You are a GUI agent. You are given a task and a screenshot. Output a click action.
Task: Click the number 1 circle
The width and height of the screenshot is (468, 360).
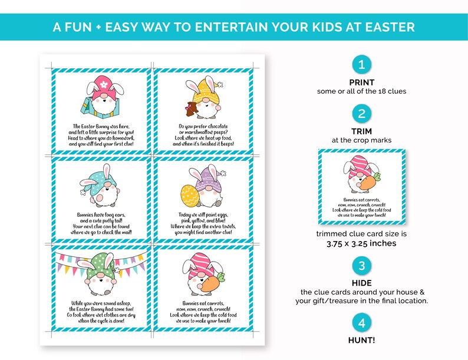(x=362, y=65)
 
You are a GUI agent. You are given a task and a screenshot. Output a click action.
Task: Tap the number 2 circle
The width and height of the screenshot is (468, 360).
(x=362, y=114)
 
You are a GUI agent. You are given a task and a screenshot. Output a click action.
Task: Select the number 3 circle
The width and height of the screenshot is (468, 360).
(x=362, y=265)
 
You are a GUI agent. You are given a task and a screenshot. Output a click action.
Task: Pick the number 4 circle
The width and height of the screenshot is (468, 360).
(x=362, y=322)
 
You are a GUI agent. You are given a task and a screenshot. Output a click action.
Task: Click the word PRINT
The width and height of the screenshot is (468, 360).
(x=362, y=82)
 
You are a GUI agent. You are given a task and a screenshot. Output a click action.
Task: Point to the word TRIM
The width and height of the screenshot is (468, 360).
(x=362, y=131)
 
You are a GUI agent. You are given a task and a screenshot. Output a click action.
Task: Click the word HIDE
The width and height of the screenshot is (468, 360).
(x=362, y=283)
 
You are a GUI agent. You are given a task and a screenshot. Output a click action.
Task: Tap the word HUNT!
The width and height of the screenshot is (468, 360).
(x=362, y=340)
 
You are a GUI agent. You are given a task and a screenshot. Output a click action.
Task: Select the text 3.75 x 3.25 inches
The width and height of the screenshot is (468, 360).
(x=362, y=243)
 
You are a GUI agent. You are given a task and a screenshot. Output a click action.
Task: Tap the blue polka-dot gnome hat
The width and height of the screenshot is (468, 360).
(x=101, y=175)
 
